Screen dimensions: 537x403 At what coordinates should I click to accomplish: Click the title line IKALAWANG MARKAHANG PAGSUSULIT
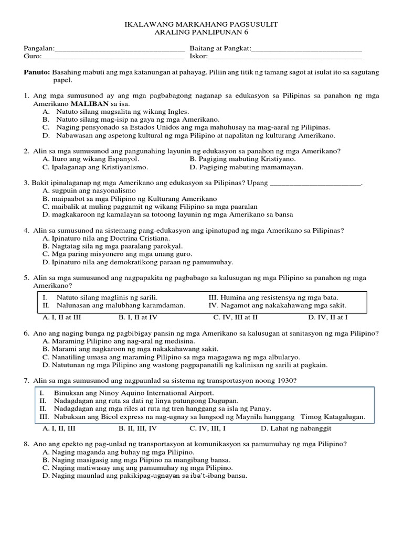[x=201, y=24]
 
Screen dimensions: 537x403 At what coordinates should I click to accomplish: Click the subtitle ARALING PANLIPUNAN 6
[x=201, y=33]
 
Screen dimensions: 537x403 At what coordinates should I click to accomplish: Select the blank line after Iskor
[x=285, y=57]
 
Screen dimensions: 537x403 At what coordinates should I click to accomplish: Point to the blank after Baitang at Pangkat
[x=306, y=49]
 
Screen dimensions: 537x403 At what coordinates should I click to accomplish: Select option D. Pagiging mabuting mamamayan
[x=246, y=167]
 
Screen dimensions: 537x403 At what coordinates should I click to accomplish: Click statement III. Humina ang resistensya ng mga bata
[x=273, y=297]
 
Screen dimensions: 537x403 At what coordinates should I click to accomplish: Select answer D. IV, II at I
[x=328, y=317]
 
